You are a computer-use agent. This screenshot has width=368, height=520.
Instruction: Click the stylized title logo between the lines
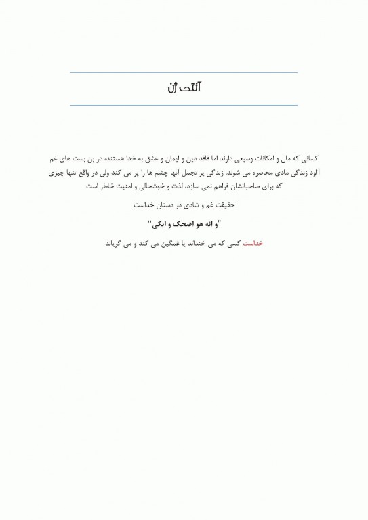(x=185, y=88)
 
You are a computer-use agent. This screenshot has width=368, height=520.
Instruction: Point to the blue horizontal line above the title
(x=184, y=72)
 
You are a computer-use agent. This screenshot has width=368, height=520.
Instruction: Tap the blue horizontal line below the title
(x=184, y=105)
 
